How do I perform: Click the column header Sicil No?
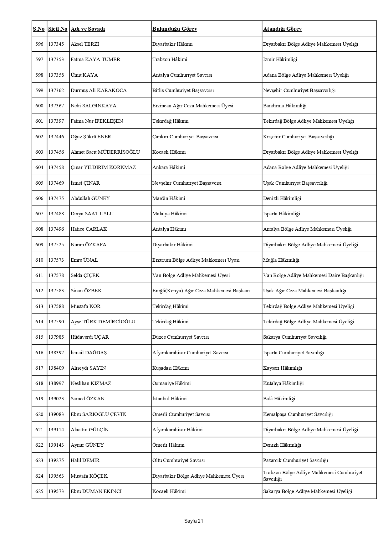click(x=58, y=29)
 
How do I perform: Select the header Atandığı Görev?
click(x=282, y=29)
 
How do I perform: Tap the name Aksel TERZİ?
click(x=85, y=44)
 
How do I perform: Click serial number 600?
click(x=39, y=106)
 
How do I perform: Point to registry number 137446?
click(x=56, y=137)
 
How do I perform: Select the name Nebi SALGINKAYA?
click(x=93, y=106)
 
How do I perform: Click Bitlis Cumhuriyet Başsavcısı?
click(x=183, y=90)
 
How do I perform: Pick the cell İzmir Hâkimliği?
click(x=280, y=59)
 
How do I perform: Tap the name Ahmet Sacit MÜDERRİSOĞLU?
click(x=105, y=152)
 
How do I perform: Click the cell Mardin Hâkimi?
click(x=169, y=198)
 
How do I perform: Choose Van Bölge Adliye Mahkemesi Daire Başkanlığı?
click(x=313, y=275)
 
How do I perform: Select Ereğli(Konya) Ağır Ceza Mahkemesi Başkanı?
click(x=201, y=291)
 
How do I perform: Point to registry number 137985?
click(x=56, y=337)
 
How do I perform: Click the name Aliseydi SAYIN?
click(x=88, y=368)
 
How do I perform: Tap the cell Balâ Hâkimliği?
click(x=279, y=399)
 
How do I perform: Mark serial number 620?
click(x=39, y=414)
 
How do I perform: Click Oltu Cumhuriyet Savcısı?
click(x=178, y=460)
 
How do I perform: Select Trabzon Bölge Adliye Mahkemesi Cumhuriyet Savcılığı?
click(x=313, y=476)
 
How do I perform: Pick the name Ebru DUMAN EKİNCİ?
click(x=96, y=491)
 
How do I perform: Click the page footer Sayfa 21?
click(x=194, y=521)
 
